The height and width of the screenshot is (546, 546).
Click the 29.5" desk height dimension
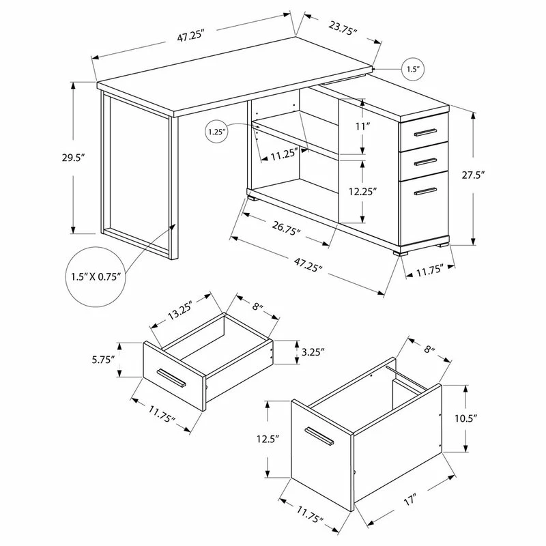[x=74, y=158]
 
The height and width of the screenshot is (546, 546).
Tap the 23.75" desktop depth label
[x=343, y=27]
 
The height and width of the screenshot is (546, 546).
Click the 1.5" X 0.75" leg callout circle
[x=96, y=277]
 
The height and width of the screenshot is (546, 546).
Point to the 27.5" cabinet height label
[x=474, y=175]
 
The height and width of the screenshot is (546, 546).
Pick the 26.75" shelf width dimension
[x=286, y=228]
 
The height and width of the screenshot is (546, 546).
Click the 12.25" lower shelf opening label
[x=363, y=192]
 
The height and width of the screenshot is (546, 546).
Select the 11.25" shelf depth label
[x=285, y=154]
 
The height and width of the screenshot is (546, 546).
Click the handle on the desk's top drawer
[x=425, y=132]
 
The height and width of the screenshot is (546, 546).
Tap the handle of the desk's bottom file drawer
[x=425, y=192]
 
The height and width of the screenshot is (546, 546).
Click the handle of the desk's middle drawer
[x=425, y=162]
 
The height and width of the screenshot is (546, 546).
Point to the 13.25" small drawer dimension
[x=180, y=308]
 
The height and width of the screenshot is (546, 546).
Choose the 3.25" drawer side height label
[x=313, y=351]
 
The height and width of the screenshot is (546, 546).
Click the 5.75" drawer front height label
[x=104, y=360]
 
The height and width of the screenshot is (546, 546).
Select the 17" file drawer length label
[x=410, y=500]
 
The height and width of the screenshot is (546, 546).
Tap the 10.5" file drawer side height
[x=466, y=418]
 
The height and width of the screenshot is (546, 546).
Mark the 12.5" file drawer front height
[x=268, y=439]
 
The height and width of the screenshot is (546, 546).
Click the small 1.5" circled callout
[x=414, y=69]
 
